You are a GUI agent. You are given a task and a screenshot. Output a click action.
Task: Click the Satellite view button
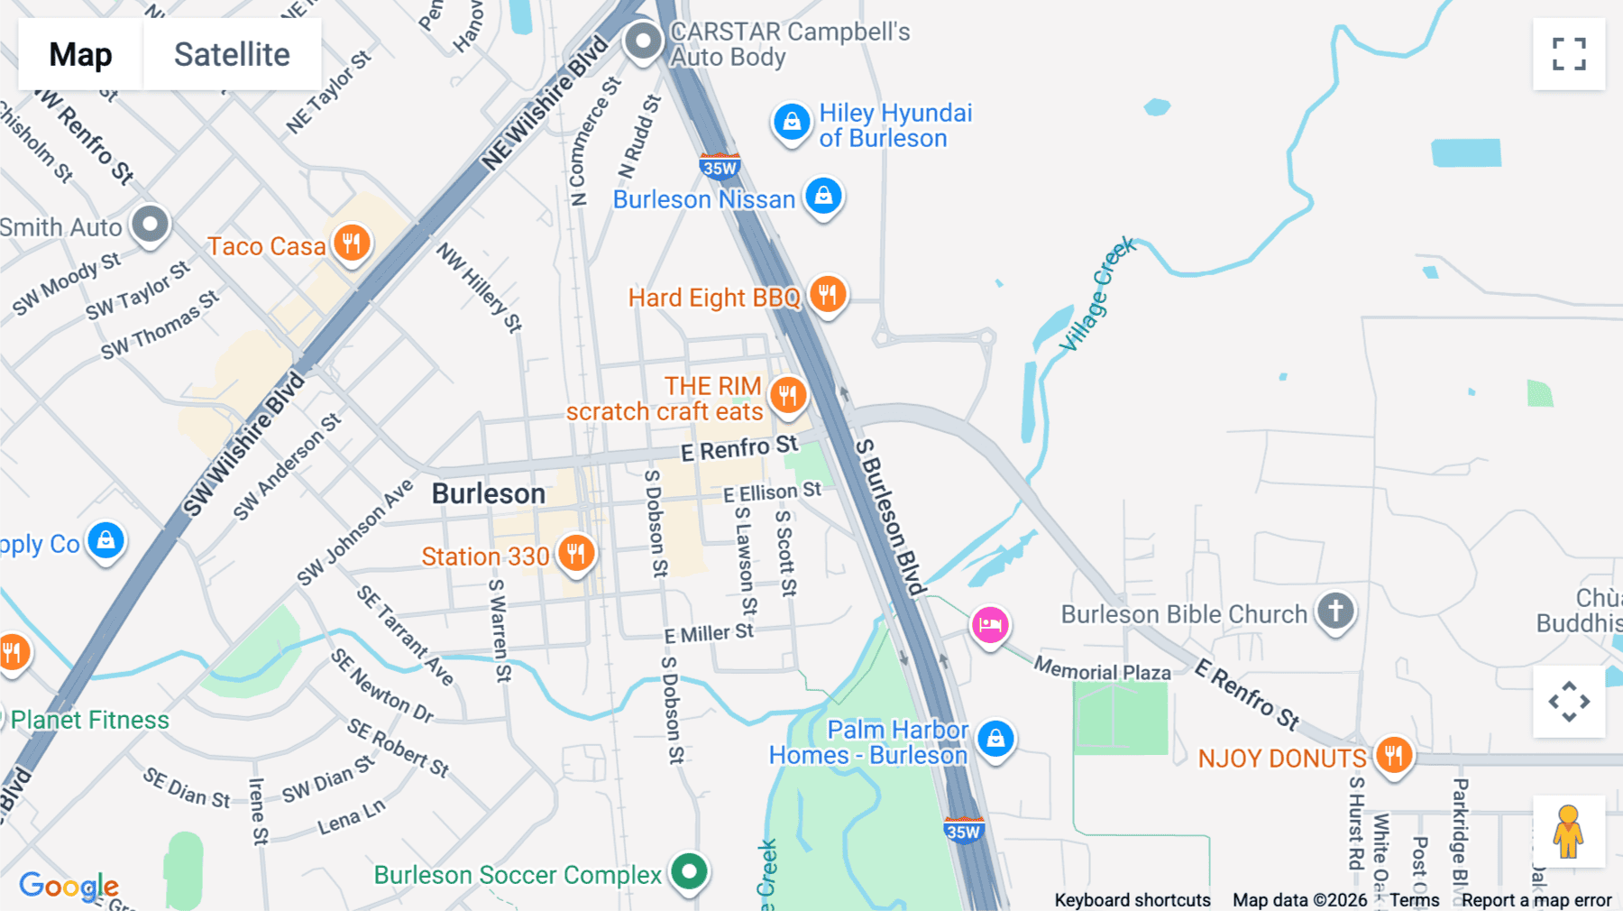pyautogui.click(x=232, y=54)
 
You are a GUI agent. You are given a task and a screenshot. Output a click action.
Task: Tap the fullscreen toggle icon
pyautogui.click(x=1569, y=54)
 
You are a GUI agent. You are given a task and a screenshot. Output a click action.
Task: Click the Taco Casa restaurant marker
pyautogui.click(x=352, y=244)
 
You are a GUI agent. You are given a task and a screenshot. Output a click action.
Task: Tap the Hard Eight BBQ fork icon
pyautogui.click(x=827, y=294)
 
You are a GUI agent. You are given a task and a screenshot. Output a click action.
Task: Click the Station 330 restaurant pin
pyautogui.click(x=575, y=553)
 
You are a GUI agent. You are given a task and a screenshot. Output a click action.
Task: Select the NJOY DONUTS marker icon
pyautogui.click(x=1393, y=755)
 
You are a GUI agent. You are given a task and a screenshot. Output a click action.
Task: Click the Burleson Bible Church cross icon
pyautogui.click(x=1335, y=612)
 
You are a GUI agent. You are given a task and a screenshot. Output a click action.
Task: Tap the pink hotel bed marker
pyautogui.click(x=989, y=625)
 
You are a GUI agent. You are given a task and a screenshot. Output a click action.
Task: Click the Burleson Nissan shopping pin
pyautogui.click(x=823, y=196)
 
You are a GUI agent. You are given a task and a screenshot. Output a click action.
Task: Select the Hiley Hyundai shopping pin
pyautogui.click(x=792, y=122)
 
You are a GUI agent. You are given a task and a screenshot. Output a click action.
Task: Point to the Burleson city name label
pyautogui.click(x=488, y=494)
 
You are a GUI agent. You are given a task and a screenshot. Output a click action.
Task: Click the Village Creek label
pyautogui.click(x=1096, y=295)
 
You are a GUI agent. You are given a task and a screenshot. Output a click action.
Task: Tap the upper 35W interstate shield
pyautogui.click(x=720, y=167)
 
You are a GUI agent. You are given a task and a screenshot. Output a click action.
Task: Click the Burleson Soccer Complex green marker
pyautogui.click(x=690, y=872)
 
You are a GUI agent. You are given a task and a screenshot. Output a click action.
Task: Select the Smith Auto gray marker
pyautogui.click(x=150, y=224)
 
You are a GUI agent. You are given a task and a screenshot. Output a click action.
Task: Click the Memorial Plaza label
pyautogui.click(x=1102, y=671)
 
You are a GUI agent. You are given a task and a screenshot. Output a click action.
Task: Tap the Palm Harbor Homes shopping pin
pyautogui.click(x=995, y=739)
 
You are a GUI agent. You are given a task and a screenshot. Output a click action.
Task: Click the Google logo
pyautogui.click(x=69, y=886)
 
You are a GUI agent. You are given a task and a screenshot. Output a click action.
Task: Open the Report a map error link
pyautogui.click(x=1536, y=900)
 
